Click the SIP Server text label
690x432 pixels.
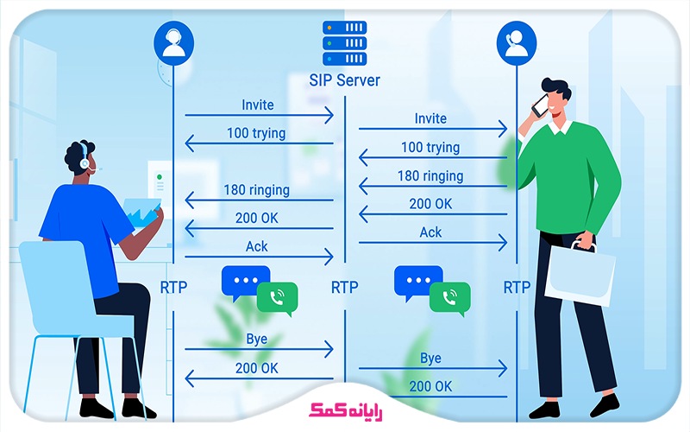344,80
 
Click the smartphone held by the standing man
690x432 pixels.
541,105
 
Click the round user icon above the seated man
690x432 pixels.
172,42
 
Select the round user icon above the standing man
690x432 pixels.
517,42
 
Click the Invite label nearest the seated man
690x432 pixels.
258,105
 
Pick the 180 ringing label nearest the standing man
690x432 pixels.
430,176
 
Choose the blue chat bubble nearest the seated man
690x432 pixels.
246,281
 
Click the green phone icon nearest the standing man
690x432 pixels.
450,298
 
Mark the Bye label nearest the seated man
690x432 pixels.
257,339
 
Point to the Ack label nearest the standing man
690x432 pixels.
430,232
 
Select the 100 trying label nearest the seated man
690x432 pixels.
258,133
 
